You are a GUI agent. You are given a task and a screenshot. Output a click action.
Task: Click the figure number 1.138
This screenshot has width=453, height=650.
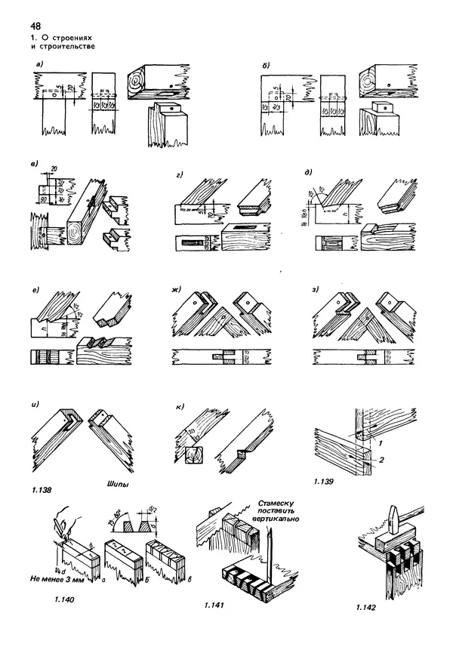(x=43, y=491)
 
